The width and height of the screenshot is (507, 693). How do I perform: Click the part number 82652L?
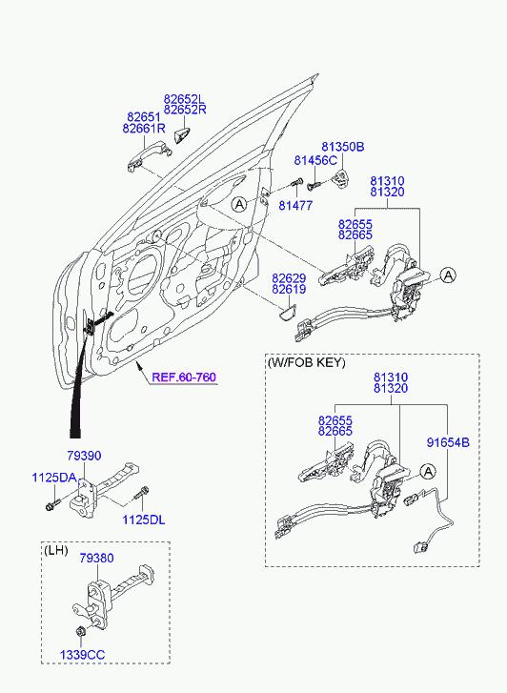185,98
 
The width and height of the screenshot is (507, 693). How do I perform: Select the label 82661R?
144,129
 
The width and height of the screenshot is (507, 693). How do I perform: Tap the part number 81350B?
342,147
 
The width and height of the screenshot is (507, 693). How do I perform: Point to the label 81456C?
315,160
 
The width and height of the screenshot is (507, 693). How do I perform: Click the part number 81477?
295,206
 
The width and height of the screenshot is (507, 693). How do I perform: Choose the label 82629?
289,278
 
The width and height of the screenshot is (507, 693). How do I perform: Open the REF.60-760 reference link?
184,377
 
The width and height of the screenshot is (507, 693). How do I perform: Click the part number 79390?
84,456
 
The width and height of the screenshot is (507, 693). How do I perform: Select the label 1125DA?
54,478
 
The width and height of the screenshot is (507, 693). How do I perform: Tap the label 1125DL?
144,520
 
